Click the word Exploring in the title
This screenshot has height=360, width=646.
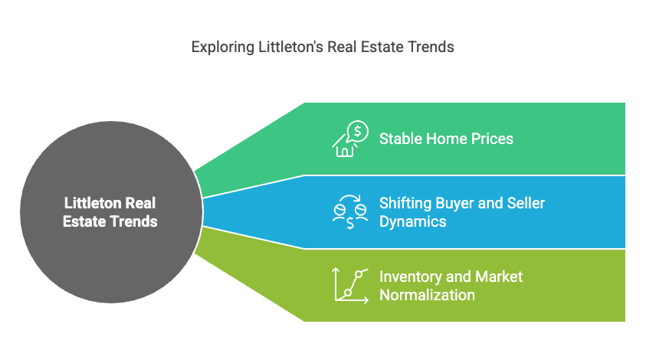point(223,47)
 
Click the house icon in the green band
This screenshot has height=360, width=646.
point(344,146)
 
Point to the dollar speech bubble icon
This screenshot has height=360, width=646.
point(358,132)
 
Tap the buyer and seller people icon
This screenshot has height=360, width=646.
point(350,212)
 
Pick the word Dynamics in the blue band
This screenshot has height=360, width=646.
point(413,222)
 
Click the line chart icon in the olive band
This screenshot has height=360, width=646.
point(350,286)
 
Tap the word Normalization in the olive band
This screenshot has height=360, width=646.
point(427,296)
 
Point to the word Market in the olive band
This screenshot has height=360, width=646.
point(499,277)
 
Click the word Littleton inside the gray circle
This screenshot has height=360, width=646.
point(93,203)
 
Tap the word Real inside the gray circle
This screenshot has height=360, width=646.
point(140,203)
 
